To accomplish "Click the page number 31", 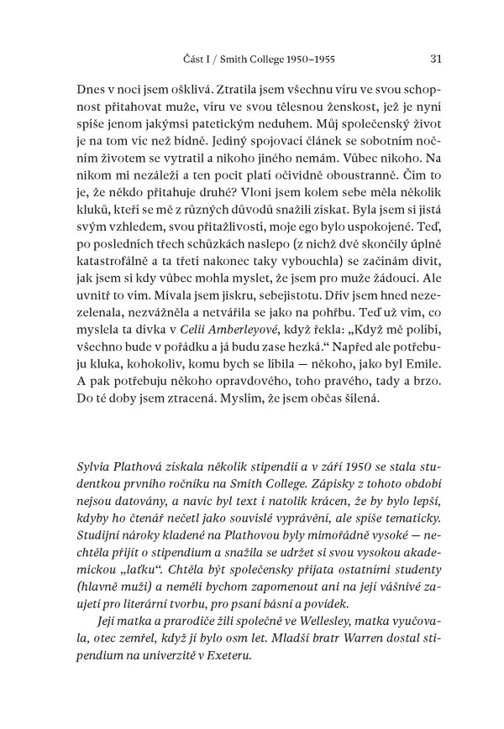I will (x=434, y=59).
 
